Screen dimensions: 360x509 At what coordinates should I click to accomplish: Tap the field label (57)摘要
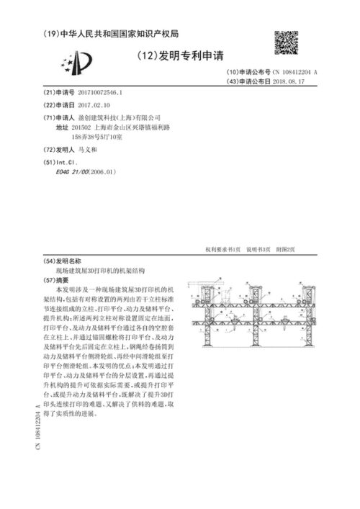57,279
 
